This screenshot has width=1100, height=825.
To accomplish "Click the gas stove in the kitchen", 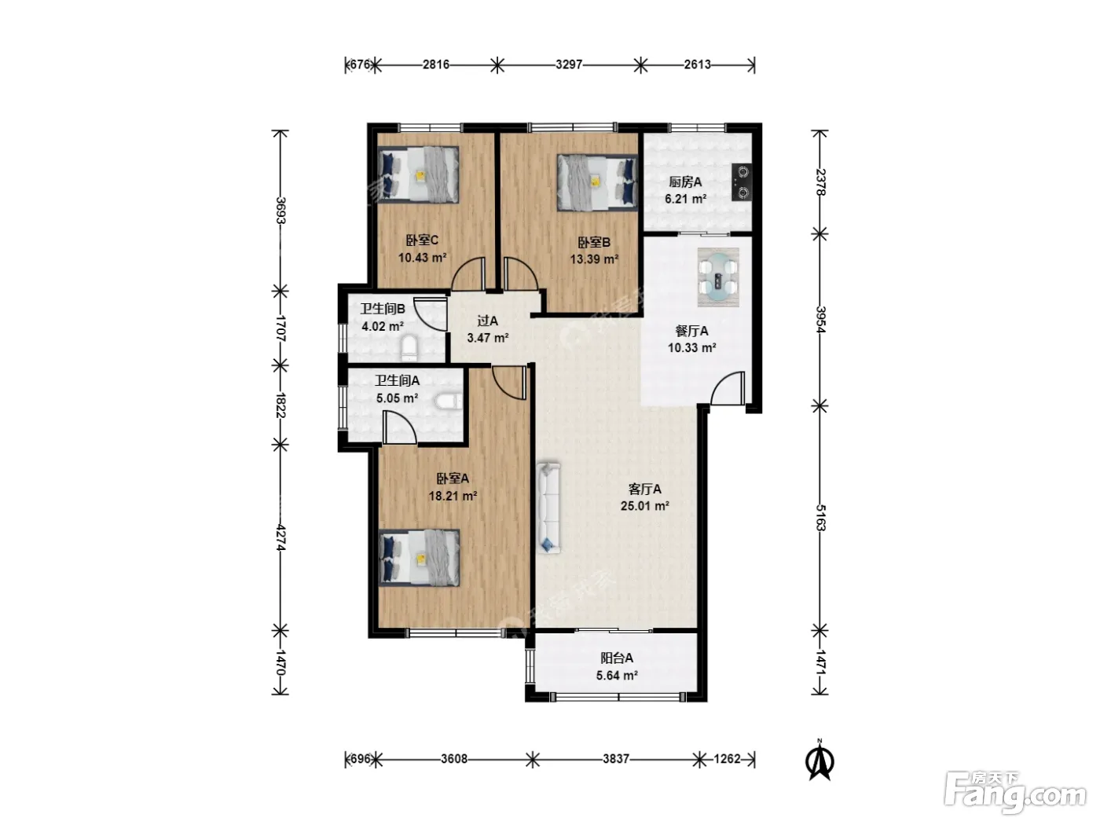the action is pyautogui.click(x=742, y=182).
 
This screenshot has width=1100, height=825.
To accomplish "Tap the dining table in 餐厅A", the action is pyautogui.click(x=718, y=277).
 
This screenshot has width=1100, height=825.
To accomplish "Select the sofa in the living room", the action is pyautogui.click(x=548, y=508).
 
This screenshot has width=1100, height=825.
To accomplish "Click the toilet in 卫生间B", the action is pyautogui.click(x=409, y=349).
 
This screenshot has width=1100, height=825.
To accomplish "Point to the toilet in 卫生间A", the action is pyautogui.click(x=449, y=401).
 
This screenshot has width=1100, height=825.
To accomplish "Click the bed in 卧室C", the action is pyautogui.click(x=418, y=174).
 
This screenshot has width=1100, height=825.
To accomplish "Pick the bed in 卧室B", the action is pyautogui.click(x=597, y=181).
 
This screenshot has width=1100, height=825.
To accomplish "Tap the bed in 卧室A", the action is pyautogui.click(x=419, y=558).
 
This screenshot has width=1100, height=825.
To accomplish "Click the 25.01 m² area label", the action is pyautogui.click(x=644, y=506).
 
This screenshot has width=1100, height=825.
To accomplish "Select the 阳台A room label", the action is pyautogui.click(x=617, y=658).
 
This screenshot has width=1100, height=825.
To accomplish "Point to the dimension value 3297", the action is pyautogui.click(x=569, y=64).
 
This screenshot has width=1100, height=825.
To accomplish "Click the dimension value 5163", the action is pyautogui.click(x=819, y=518).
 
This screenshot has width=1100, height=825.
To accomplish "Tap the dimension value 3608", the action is pyautogui.click(x=454, y=759).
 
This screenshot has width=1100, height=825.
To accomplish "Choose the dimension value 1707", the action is pyautogui.click(x=280, y=328).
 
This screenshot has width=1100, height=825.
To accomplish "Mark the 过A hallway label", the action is pyautogui.click(x=487, y=321).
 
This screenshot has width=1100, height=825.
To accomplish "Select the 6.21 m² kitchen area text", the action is pyautogui.click(x=686, y=199).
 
